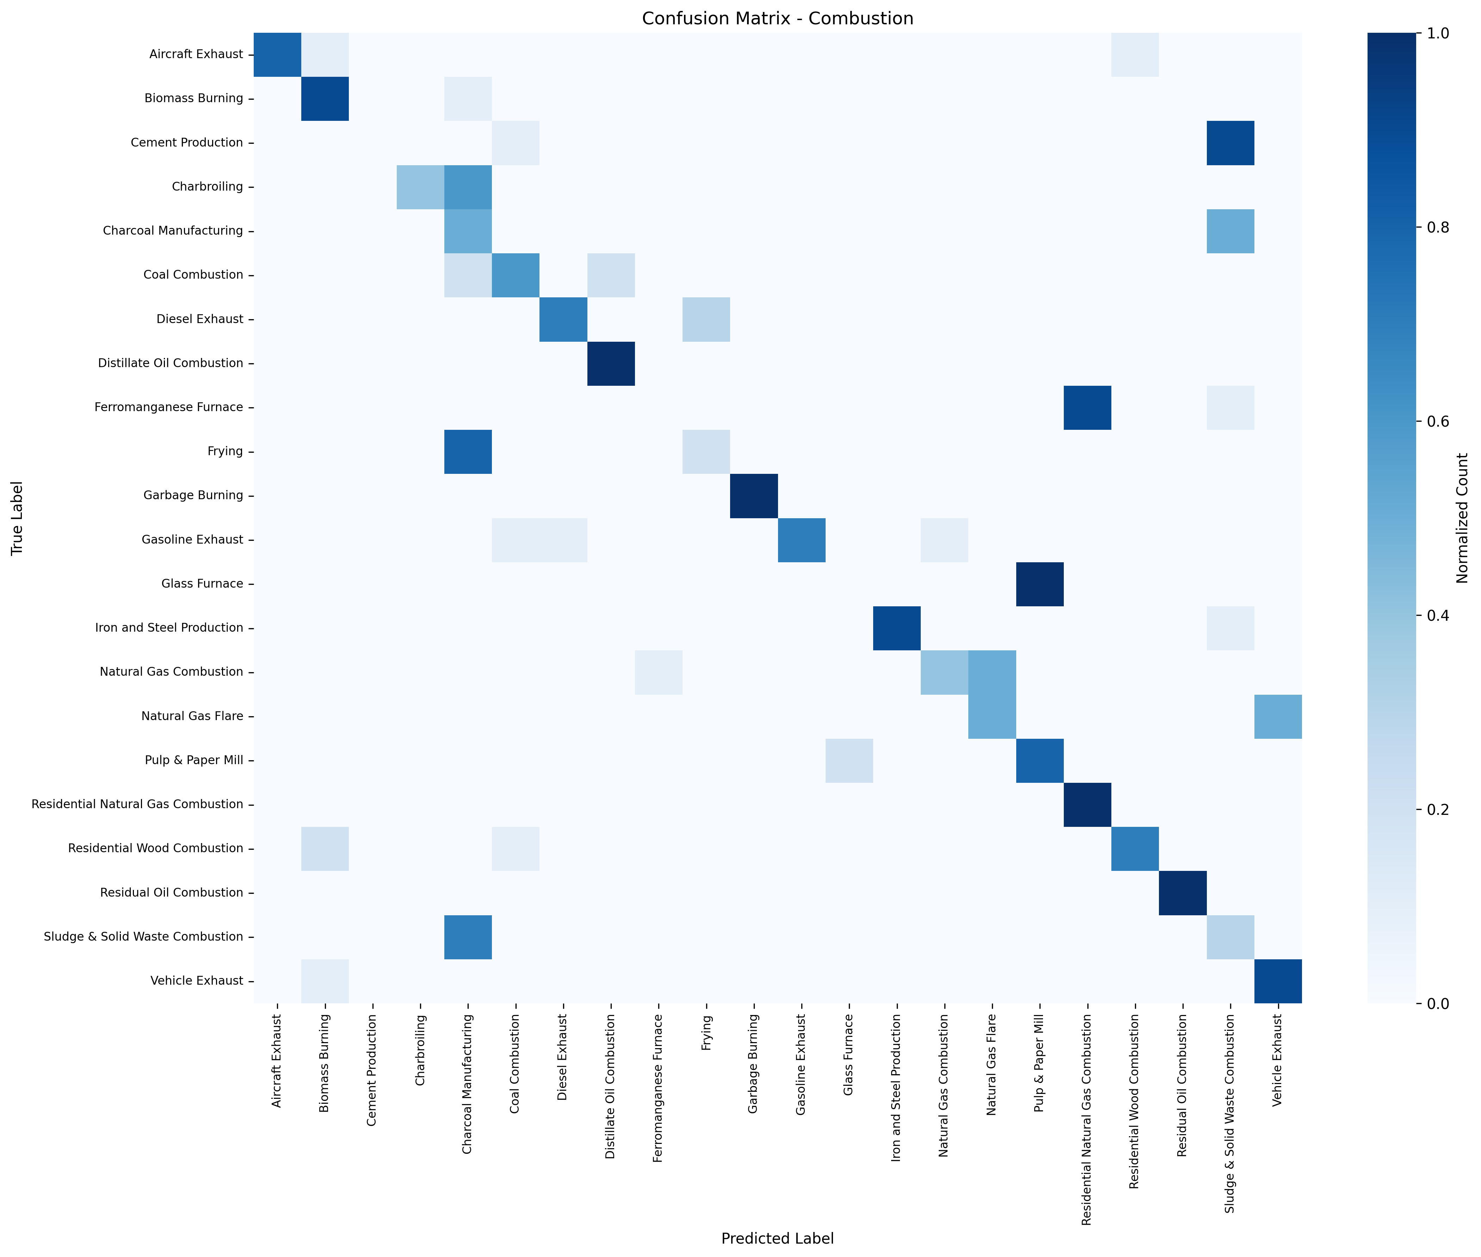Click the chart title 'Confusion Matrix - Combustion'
coord(777,19)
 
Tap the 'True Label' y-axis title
coord(17,518)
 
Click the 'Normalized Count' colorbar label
coord(1462,518)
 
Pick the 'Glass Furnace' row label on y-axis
coord(202,584)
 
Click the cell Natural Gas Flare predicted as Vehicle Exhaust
coord(1278,716)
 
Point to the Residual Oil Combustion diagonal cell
coord(1183,893)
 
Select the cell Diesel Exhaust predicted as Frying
coord(706,319)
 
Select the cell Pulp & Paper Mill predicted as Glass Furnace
coord(849,760)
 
